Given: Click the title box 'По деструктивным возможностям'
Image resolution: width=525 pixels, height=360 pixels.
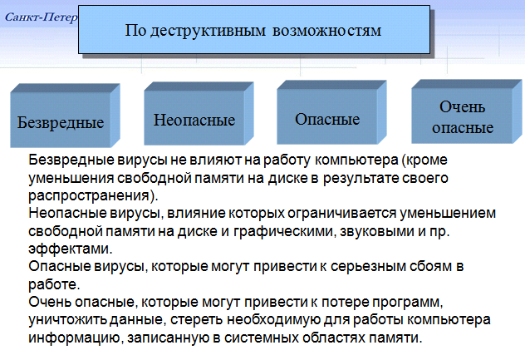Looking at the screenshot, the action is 254,29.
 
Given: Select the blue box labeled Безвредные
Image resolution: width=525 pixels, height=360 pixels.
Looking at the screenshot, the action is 65,116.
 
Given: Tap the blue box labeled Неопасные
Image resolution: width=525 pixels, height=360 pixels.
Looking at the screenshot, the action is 199,114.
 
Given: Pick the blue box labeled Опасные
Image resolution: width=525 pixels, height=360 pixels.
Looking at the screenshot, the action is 331,112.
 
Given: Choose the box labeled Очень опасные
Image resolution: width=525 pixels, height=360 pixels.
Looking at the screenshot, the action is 466,111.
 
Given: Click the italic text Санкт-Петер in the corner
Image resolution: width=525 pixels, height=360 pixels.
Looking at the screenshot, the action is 42,17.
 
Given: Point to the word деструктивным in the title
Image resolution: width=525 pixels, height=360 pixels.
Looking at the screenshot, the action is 208,31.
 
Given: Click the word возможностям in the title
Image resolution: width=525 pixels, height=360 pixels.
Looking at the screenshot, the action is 326,31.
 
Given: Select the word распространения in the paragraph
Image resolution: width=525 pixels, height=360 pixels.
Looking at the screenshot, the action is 89,195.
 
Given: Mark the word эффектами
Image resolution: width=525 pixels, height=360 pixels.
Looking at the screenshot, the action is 69,249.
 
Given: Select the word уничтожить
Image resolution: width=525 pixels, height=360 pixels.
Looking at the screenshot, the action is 67,320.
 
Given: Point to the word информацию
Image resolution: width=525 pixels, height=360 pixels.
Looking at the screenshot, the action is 74,338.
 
